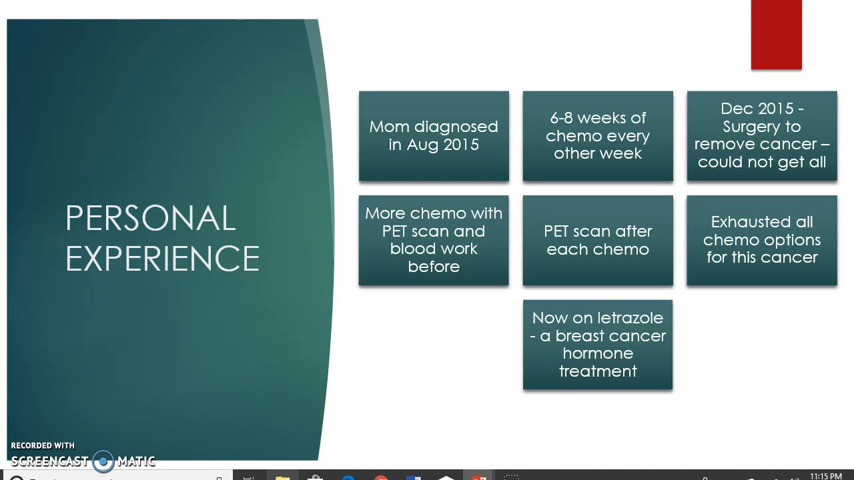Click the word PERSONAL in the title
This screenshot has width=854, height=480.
pyautogui.click(x=150, y=219)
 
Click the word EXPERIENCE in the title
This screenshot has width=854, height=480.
pyautogui.click(x=162, y=259)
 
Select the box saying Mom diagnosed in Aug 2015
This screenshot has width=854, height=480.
pyautogui.click(x=434, y=136)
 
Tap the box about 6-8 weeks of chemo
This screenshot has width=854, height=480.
pyautogui.click(x=598, y=136)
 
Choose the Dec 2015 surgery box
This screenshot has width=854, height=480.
pyautogui.click(x=762, y=136)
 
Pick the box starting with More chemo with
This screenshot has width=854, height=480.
pyautogui.click(x=434, y=240)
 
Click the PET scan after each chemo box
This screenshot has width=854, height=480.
pyautogui.click(x=598, y=240)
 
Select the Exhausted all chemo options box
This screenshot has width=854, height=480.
pyautogui.click(x=762, y=240)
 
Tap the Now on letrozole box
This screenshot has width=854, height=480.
pyautogui.click(x=598, y=345)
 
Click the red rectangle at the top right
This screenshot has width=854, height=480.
pyautogui.click(x=776, y=35)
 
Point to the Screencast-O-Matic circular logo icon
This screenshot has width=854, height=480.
pyautogui.click(x=103, y=461)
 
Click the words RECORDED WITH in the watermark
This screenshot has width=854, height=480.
pyautogui.click(x=43, y=445)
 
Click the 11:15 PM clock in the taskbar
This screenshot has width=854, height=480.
pyautogui.click(x=825, y=476)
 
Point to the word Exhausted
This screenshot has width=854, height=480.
pyautogui.click(x=743, y=222)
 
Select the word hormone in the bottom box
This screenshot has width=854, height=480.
pyautogui.click(x=598, y=353)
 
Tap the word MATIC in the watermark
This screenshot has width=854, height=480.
pyautogui.click(x=136, y=461)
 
